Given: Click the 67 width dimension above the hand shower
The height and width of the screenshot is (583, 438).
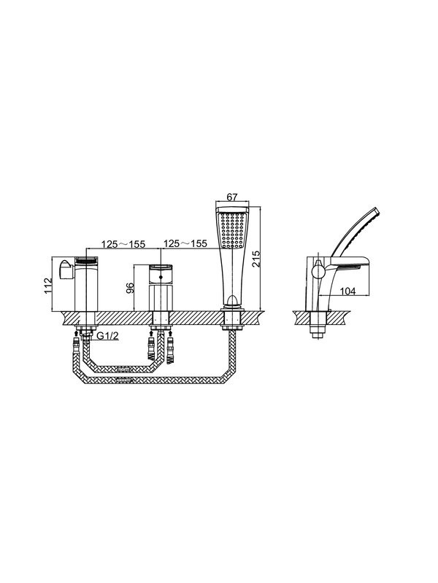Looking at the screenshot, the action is pos(232,197).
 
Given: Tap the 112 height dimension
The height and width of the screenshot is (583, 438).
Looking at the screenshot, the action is pos(48,286).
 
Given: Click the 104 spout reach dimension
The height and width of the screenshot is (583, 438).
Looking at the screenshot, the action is pos(348,291).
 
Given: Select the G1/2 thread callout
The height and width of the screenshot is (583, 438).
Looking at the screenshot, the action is pos(107,336).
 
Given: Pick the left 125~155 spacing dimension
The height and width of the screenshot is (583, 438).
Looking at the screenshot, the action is pos(123,244).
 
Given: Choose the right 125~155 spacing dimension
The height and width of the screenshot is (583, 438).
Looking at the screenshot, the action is pos(185,243).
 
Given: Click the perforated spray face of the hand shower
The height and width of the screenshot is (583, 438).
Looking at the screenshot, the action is pos(232,230).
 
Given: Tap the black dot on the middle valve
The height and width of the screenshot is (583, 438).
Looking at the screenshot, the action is pos(161,277).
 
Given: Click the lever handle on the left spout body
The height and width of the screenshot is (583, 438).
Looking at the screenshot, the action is pos(66,268).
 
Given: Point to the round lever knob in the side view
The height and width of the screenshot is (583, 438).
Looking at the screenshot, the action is pos(318,269).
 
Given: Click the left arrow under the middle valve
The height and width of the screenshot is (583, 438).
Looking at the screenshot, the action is pos(151,332).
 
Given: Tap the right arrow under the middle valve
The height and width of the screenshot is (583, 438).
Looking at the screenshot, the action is pos(171,332).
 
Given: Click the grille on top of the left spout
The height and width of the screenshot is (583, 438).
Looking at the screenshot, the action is pos(86,262).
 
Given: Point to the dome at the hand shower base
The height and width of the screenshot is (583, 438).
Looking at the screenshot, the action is pos(231,300).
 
